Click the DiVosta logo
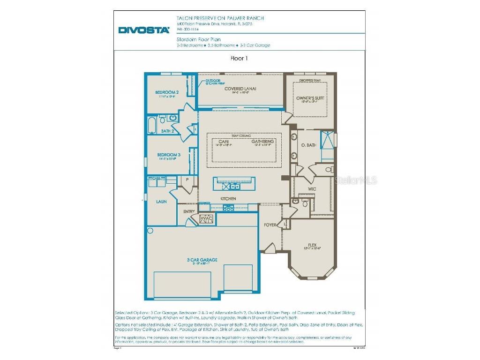click(143, 30)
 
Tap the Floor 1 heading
click(239, 59)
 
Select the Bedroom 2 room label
click(167, 92)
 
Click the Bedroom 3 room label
click(168, 155)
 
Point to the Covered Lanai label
click(240, 89)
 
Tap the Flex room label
click(312, 245)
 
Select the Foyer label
click(270, 225)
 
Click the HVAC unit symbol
click(206, 219)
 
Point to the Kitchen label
click(228, 199)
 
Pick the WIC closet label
click(312, 189)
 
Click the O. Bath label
click(308, 145)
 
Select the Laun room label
click(161, 202)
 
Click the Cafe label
click(224, 141)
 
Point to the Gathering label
click(262, 141)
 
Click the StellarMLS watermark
click(355, 180)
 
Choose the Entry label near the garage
click(189, 211)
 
